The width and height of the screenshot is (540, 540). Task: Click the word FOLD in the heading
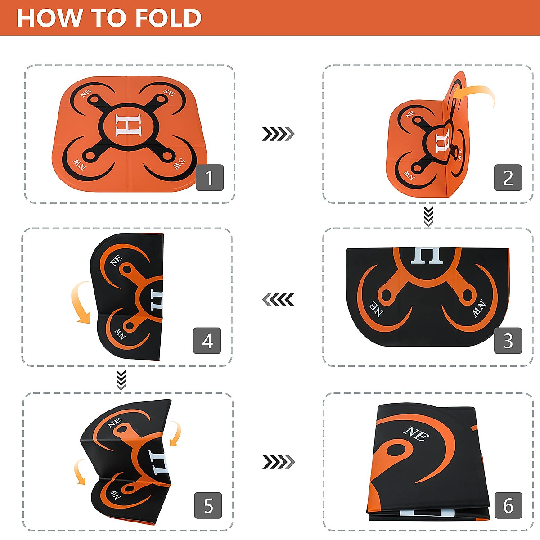(x=168, y=18)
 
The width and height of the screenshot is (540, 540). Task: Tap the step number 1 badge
(x=210, y=177)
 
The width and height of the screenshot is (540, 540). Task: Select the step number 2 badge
(x=508, y=178)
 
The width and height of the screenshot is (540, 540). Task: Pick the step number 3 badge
(x=508, y=341)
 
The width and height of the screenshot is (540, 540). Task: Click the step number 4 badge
(x=207, y=341)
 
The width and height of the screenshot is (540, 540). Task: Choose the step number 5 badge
(x=208, y=505)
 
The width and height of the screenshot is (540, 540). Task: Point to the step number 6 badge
(x=508, y=505)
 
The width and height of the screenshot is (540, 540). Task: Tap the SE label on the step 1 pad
(x=169, y=93)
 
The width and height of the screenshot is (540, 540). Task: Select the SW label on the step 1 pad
(x=179, y=163)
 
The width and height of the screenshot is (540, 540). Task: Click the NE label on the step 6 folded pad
(x=416, y=434)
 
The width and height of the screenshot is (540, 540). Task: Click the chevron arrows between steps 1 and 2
(x=278, y=134)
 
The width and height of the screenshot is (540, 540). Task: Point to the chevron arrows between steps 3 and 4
(x=278, y=299)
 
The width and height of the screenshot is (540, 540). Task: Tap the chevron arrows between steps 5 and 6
(x=278, y=462)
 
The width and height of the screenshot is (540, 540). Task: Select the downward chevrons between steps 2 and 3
(x=428, y=216)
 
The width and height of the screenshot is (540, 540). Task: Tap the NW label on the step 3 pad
(x=479, y=309)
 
